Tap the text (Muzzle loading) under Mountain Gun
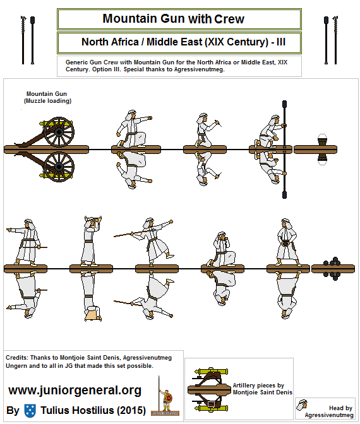pyautogui.click(x=47, y=101)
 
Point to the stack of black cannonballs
pyautogui.click(x=333, y=268)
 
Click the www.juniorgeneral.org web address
pyautogui.click(x=75, y=390)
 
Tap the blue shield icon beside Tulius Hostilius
pyautogui.click(x=30, y=410)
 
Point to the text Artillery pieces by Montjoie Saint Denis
pyautogui.click(x=262, y=388)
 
